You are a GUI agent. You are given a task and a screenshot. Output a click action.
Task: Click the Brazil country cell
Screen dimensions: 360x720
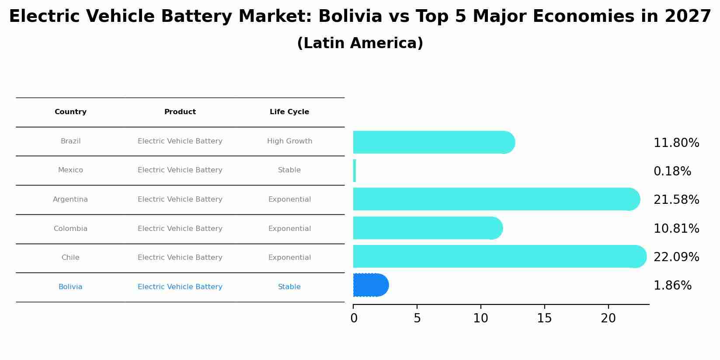pyautogui.click(x=70, y=141)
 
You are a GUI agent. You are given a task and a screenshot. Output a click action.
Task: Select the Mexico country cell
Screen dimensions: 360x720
pyautogui.click(x=70, y=170)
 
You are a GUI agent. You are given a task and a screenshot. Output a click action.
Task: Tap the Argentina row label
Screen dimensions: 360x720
pyautogui.click(x=70, y=199)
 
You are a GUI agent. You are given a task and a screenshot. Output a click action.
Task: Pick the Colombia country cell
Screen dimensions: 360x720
pyautogui.click(x=70, y=229)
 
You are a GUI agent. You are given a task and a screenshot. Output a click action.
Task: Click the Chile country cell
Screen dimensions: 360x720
pyautogui.click(x=70, y=258)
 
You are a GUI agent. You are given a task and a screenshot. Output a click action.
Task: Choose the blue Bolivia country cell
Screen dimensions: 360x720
pyautogui.click(x=70, y=287)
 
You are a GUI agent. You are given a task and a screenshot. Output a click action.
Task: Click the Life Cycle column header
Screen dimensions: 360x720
pyautogui.click(x=289, y=112)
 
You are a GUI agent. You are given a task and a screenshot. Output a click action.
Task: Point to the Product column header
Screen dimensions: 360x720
pyautogui.click(x=180, y=112)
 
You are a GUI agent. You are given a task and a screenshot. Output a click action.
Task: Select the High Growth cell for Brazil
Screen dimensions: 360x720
pyautogui.click(x=289, y=141)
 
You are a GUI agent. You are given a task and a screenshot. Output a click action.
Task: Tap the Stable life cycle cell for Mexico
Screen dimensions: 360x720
pyautogui.click(x=289, y=170)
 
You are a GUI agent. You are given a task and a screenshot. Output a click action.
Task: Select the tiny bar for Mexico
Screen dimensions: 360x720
pyautogui.click(x=355, y=171)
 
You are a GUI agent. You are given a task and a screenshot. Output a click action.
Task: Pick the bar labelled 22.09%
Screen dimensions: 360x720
pyautogui.click(x=498, y=256)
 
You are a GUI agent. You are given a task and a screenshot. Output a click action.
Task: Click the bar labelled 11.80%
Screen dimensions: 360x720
pyautogui.click(x=433, y=142)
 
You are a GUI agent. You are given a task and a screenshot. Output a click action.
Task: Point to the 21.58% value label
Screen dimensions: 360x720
pyautogui.click(x=676, y=200)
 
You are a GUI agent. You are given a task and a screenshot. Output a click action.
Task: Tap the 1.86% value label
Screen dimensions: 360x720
pyautogui.click(x=672, y=286)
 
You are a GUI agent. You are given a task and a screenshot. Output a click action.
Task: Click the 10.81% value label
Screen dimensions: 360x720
pyautogui.click(x=676, y=229)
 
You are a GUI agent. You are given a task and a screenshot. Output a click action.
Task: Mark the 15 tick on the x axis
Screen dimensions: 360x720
pyautogui.click(x=544, y=318)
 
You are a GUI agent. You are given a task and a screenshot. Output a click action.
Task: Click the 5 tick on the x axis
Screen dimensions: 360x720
pyautogui.click(x=417, y=318)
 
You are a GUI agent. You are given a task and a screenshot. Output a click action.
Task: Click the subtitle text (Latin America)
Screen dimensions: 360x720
pyautogui.click(x=360, y=43)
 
